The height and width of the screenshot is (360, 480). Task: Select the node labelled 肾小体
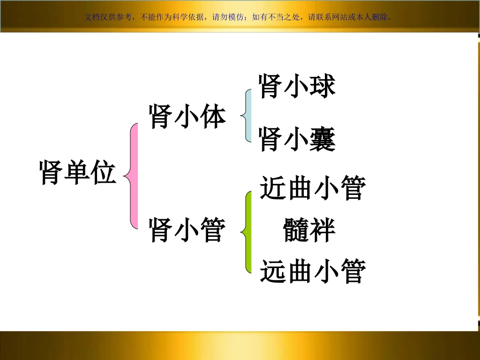187,118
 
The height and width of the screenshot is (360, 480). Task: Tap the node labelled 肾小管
187,230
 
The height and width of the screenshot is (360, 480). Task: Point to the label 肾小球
297,86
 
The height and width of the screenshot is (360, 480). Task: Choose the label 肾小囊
297,139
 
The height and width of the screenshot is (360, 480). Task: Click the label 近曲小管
313,188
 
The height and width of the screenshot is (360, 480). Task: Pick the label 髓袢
309,230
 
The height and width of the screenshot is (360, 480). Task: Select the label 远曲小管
313,271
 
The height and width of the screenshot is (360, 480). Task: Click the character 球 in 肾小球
323,86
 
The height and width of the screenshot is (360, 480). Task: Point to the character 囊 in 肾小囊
323,139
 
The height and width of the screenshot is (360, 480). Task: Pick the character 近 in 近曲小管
273,188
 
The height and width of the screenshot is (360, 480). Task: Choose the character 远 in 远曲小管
273,271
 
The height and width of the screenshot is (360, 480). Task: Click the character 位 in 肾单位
104,173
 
